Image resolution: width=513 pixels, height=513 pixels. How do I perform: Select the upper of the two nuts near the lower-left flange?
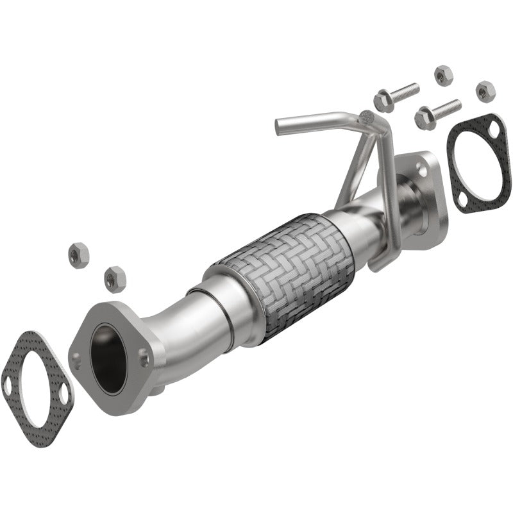point(77,255)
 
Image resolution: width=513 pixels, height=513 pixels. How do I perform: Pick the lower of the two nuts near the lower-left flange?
point(114,278)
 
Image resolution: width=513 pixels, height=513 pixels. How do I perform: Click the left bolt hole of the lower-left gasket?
point(8,386)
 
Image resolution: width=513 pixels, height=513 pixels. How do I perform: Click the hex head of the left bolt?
point(383,101)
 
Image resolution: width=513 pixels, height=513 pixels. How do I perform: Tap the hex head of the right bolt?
point(425,117)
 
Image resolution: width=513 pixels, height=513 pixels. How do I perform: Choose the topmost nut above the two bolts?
point(442,75)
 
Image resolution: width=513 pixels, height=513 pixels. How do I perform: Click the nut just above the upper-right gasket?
point(485,90)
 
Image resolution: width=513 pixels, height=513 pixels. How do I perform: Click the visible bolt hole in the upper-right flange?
point(421,168)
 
